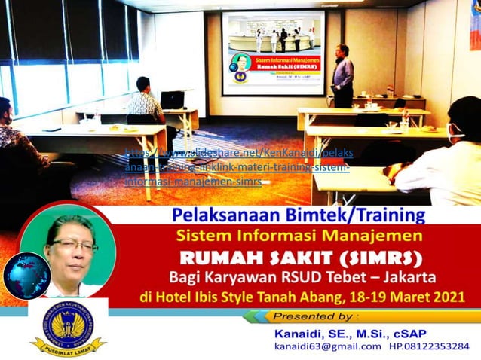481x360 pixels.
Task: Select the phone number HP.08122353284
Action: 429,346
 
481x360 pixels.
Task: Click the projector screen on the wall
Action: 273,52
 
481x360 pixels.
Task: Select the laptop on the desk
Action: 173,99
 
